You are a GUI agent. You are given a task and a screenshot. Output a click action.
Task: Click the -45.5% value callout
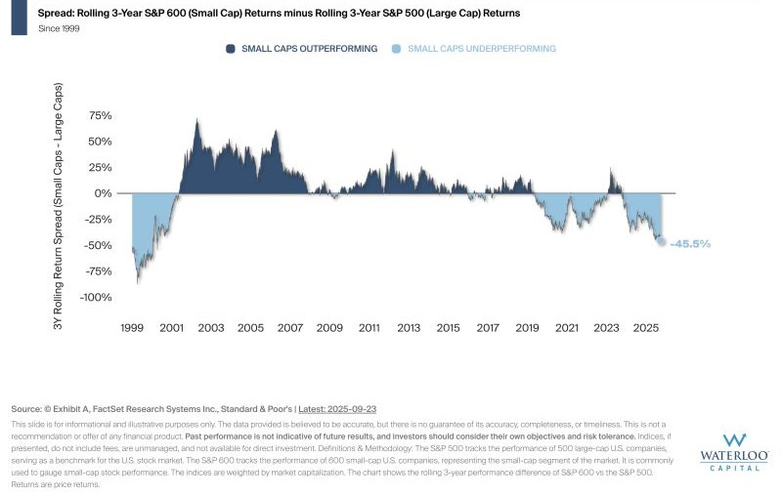pyautogui.click(x=690, y=243)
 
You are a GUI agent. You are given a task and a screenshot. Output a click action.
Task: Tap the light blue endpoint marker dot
pyautogui.click(x=662, y=242)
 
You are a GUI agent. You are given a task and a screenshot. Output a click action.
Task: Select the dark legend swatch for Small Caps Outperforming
pyautogui.click(x=231, y=48)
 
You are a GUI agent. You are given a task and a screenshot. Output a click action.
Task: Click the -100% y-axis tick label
pyautogui.click(x=96, y=298)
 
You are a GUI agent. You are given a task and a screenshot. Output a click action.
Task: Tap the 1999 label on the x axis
pyautogui.click(x=133, y=328)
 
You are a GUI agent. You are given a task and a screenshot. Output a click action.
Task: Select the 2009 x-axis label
pyautogui.click(x=329, y=328)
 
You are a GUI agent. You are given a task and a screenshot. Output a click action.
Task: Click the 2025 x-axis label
pyautogui.click(x=645, y=328)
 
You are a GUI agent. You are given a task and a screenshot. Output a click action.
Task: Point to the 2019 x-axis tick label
pyautogui.click(x=527, y=328)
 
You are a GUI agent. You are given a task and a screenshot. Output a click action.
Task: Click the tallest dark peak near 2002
pyautogui.click(x=197, y=120)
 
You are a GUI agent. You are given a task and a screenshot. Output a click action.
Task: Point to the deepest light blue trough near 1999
pyautogui.click(x=138, y=283)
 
